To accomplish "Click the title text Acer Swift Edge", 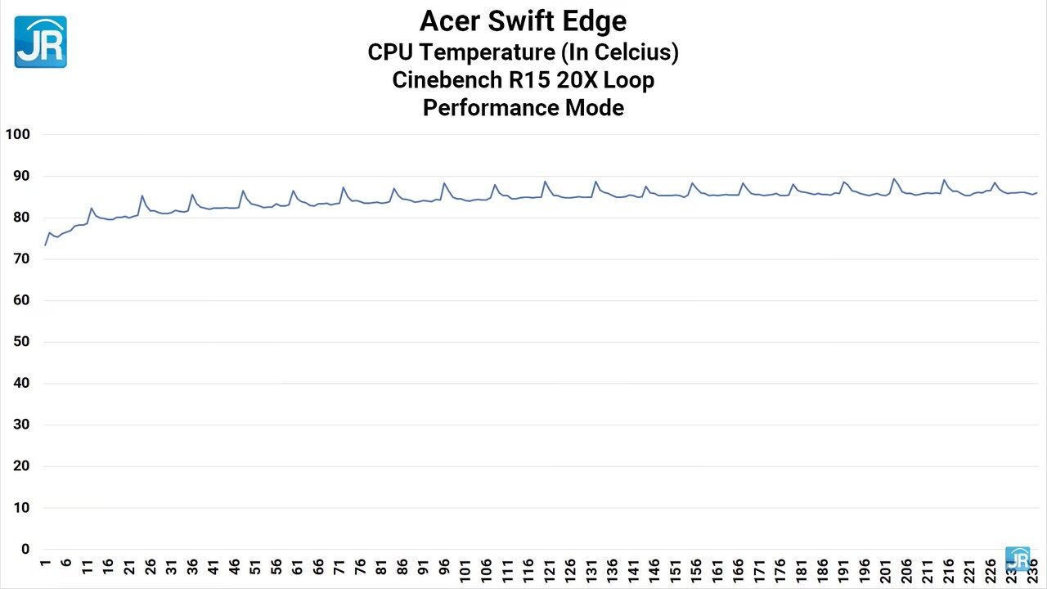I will point(523,20).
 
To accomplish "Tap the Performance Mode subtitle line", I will point(523,107).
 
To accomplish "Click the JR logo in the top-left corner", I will point(40,42).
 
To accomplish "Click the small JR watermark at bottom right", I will point(1018,559).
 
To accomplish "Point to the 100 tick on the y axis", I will point(17,134).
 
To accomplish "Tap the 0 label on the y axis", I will point(25,549).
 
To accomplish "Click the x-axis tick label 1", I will point(45,564).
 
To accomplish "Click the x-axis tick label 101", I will point(465,569).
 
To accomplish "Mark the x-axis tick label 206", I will point(906,569).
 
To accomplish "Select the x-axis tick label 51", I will point(255,567).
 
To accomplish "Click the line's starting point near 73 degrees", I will point(45,245).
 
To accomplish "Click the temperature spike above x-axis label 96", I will point(443,183).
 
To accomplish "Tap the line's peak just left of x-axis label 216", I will point(944,180).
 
